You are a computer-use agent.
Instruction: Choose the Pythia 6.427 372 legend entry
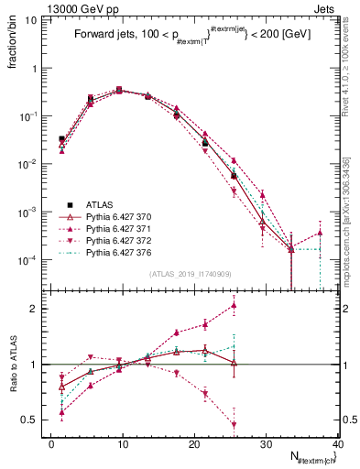coord(112,240)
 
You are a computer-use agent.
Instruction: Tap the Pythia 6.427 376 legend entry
coord(112,252)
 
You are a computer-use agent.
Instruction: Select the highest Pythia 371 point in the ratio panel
coord(235,306)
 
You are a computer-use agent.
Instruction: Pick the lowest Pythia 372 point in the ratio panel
coord(235,425)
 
